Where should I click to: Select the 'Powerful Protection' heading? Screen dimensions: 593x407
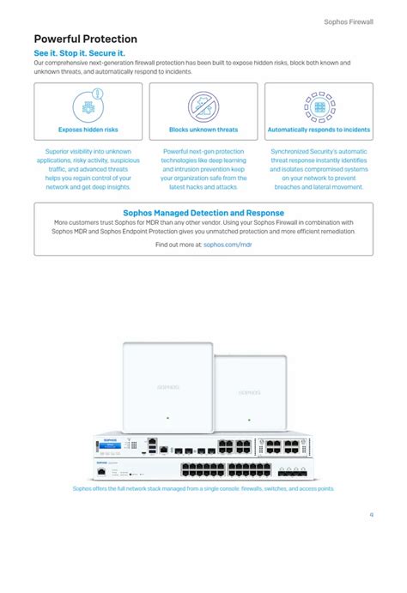[85, 39]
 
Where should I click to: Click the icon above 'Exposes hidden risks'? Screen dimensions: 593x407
[88, 106]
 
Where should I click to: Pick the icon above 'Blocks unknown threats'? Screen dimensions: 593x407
[203, 106]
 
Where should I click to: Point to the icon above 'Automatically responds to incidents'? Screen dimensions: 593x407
[319, 106]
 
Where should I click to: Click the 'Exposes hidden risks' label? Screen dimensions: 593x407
[88, 130]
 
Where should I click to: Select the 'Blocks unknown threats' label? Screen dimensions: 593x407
[203, 130]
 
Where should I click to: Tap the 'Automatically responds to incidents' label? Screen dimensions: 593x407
[319, 130]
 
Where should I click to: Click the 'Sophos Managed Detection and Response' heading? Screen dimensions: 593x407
[203, 213]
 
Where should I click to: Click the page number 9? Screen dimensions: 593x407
[371, 515]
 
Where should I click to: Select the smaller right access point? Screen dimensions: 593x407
[250, 390]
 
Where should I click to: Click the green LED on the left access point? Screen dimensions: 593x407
[167, 418]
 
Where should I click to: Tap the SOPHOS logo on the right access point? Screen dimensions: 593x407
[250, 393]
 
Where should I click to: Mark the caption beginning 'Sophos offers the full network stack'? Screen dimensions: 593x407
[203, 488]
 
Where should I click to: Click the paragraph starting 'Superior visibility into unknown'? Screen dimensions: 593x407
[88, 169]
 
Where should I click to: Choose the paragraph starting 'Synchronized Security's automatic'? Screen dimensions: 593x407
[319, 169]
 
